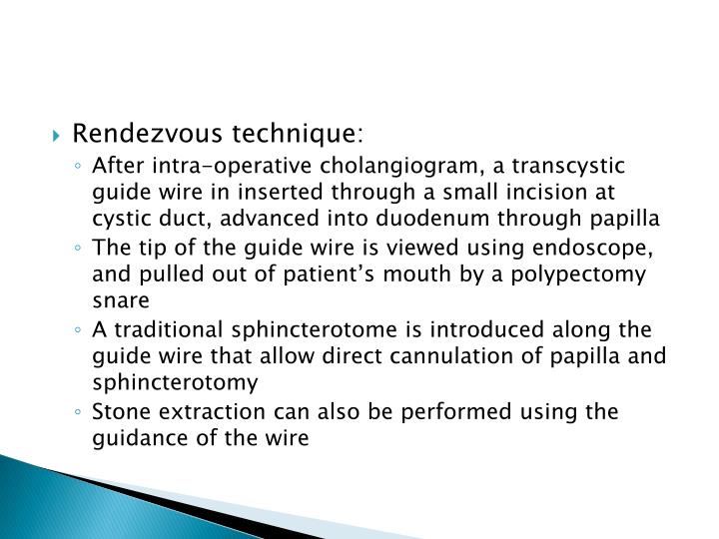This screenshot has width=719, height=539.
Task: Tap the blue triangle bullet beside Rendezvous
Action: tap(87, 133)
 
